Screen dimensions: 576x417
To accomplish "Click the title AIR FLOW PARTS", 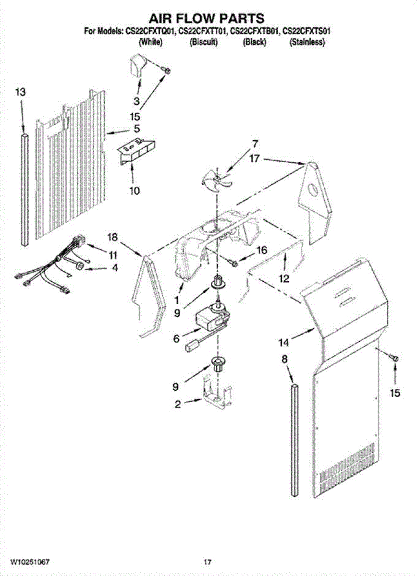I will [x=207, y=19].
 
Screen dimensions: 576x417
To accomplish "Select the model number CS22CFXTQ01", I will [x=149, y=32].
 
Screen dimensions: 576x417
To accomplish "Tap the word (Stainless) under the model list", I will [x=307, y=42].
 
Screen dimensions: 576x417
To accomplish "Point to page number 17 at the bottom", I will [x=207, y=561].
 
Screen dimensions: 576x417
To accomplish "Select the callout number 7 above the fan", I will [x=255, y=143].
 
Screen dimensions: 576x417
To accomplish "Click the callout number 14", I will [x=284, y=342].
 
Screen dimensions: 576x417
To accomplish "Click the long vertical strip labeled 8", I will [x=294, y=439].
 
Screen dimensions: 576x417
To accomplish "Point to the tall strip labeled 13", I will [x=25, y=190].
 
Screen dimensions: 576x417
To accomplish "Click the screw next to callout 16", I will [x=234, y=262].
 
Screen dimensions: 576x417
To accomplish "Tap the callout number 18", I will [x=112, y=237].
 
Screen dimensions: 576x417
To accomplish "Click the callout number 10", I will [x=134, y=191].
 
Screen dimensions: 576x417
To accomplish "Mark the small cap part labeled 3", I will [x=136, y=64].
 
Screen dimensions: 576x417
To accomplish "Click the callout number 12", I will [x=284, y=278].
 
